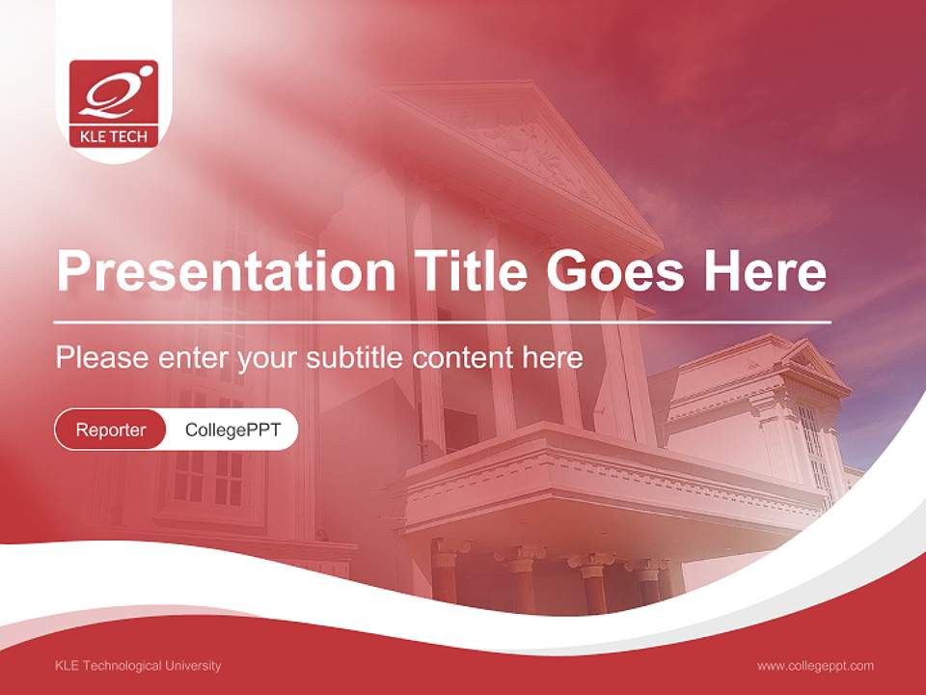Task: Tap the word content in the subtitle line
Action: click(462, 358)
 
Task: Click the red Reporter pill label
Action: click(110, 430)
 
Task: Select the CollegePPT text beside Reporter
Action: click(232, 430)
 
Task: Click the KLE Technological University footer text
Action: click(138, 666)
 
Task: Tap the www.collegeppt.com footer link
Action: click(815, 666)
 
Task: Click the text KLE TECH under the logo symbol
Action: click(114, 137)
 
